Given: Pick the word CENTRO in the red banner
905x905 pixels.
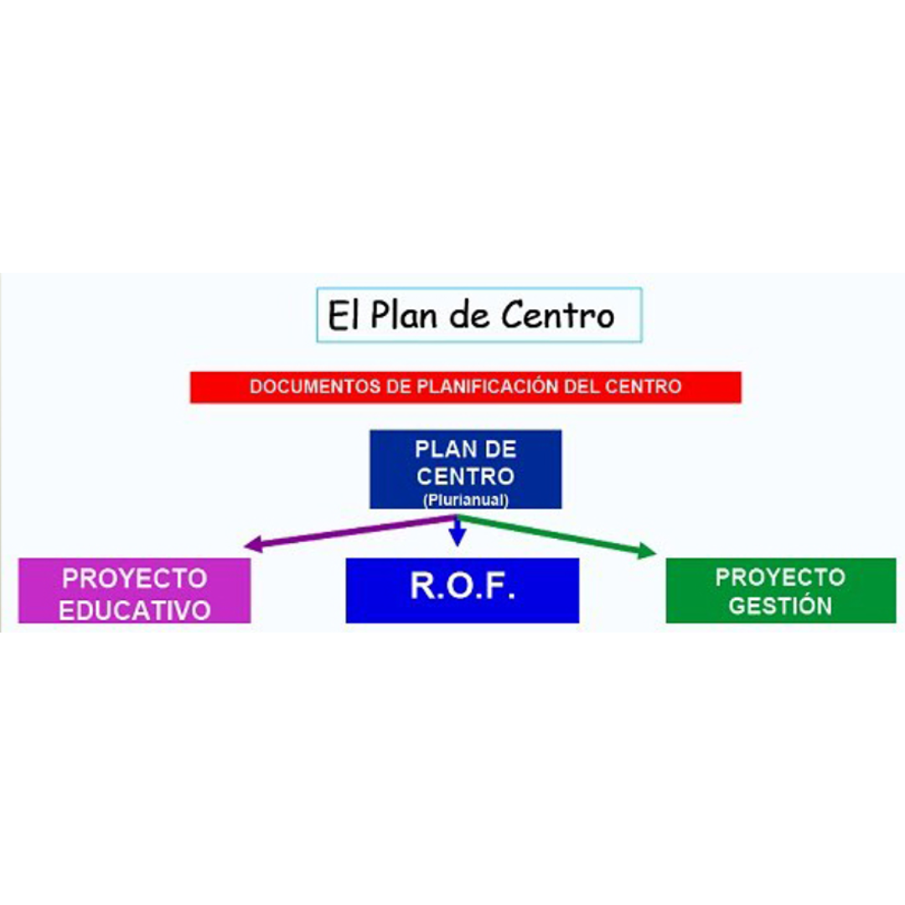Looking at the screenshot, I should click(x=646, y=387).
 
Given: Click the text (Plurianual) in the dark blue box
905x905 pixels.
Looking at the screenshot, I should click(x=465, y=500).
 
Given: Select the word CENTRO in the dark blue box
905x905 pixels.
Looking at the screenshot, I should click(x=465, y=477).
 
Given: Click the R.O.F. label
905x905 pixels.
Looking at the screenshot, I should click(x=462, y=587).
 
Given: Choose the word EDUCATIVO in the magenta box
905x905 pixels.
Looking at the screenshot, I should click(x=135, y=609).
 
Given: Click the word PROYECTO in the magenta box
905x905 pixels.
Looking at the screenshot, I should click(x=135, y=578).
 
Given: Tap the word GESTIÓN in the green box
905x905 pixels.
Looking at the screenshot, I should click(x=780, y=606).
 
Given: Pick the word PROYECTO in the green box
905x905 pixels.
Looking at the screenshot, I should click(x=780, y=577).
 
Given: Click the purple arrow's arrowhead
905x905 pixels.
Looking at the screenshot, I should click(x=250, y=546).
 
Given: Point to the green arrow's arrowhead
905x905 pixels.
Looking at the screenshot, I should click(x=648, y=551).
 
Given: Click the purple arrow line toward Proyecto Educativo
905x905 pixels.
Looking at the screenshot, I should click(x=352, y=533).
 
